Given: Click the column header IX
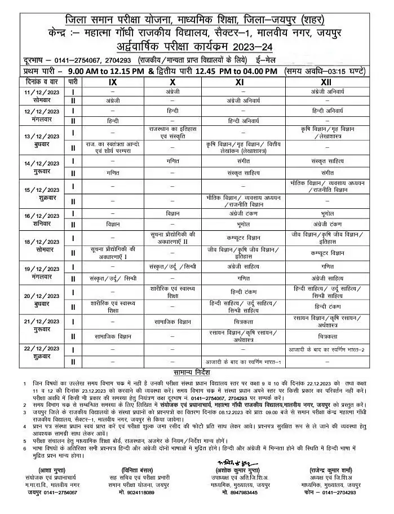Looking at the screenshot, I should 113,82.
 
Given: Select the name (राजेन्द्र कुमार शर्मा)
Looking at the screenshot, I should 329,469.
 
